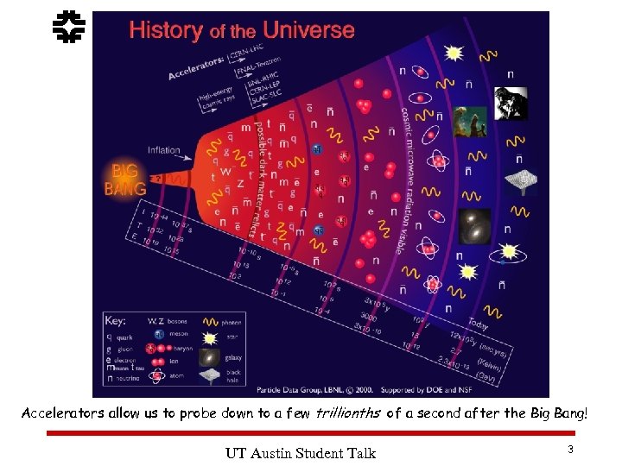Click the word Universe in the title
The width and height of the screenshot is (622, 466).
(x=308, y=30)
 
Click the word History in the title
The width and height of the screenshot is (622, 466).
(x=164, y=31)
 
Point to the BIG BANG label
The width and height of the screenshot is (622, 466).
(x=124, y=179)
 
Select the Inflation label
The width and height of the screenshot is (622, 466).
(x=163, y=150)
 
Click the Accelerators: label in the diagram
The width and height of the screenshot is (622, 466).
(x=194, y=66)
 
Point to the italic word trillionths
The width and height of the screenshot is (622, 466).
(x=350, y=413)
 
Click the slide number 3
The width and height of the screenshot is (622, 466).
(x=570, y=449)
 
